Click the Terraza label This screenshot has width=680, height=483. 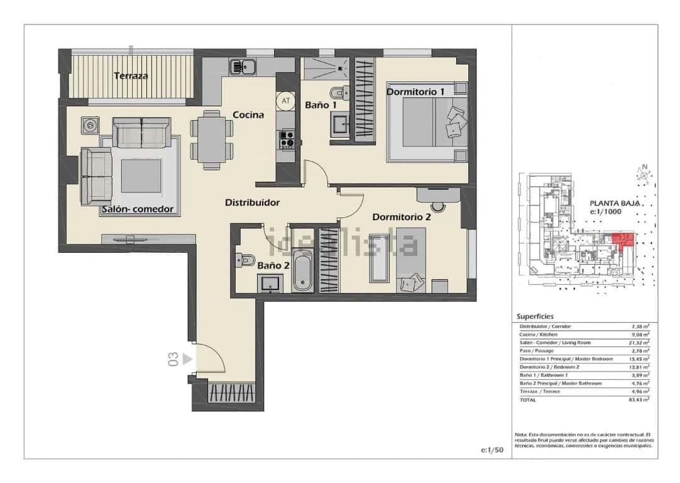131,76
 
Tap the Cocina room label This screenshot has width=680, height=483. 248,115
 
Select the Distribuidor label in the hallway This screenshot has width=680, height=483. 252,203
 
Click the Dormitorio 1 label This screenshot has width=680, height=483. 415,92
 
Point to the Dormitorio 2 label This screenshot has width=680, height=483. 401,217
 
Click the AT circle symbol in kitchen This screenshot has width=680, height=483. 285,101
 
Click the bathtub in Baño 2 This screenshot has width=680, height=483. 303,269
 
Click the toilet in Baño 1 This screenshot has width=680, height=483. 339,92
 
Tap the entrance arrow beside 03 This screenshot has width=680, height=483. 187,360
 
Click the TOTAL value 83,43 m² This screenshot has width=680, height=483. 640,399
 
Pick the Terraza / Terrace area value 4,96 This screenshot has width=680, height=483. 640,391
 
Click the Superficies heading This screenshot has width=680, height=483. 535,317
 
